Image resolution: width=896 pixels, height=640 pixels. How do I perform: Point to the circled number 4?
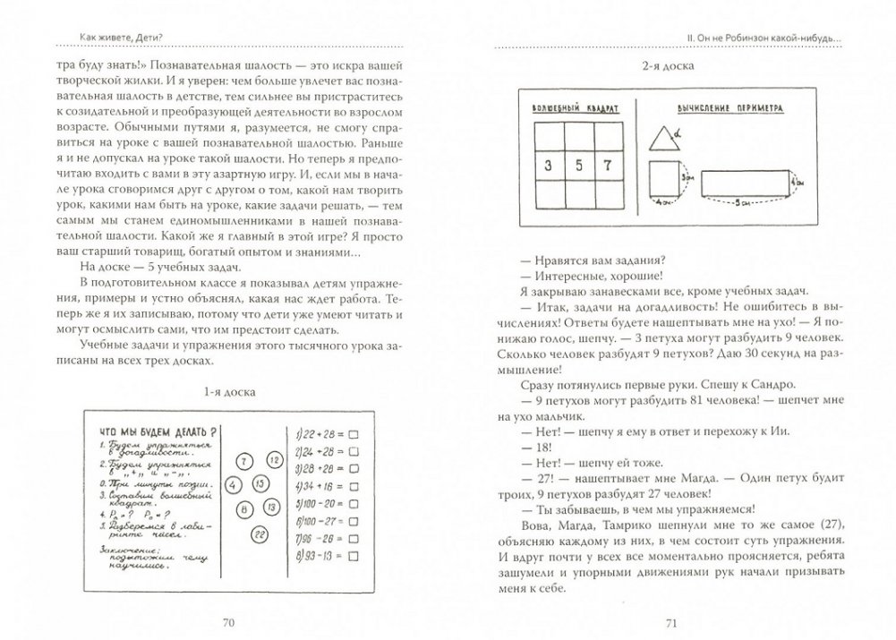[232, 484]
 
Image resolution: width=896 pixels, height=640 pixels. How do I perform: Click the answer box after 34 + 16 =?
[352, 484]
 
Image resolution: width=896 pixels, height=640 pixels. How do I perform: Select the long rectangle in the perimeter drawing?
[742, 184]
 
